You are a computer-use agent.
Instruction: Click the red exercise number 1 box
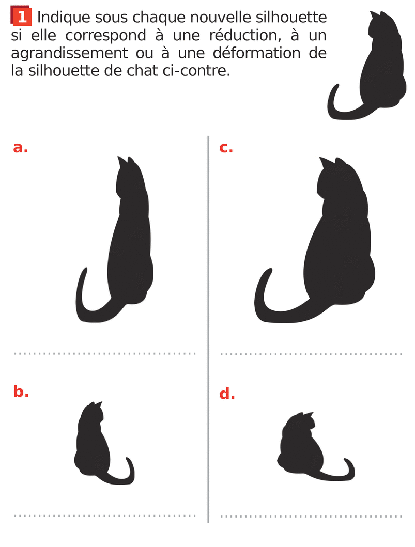tap(22, 17)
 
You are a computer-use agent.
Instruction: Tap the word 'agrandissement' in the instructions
tap(69, 53)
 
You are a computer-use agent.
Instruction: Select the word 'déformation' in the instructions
tap(256, 53)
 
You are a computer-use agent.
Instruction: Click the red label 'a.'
tap(21, 148)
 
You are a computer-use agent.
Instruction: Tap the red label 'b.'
tap(21, 392)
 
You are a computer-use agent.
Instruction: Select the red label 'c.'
tap(226, 148)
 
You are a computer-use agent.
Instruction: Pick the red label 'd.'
tap(227, 394)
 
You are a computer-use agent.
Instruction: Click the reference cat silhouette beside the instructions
tap(366, 66)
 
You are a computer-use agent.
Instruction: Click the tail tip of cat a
tap(85, 269)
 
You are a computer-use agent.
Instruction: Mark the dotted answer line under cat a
tap(105, 354)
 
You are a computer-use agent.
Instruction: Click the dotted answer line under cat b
tap(105, 515)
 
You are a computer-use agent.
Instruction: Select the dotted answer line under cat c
tap(311, 354)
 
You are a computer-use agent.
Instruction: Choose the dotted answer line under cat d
tap(311, 516)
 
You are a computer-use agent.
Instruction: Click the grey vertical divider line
tap(208, 330)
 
